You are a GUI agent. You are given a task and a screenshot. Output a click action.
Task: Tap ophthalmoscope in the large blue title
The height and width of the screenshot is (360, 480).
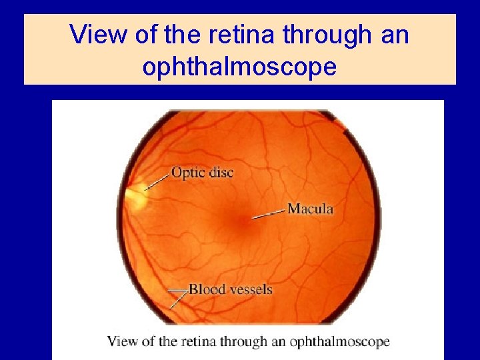pyautogui.click(x=239, y=67)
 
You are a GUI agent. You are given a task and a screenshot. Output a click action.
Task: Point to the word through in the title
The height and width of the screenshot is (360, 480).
pyautogui.click(x=324, y=35)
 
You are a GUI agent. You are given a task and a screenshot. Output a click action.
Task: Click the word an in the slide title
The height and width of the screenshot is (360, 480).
pyautogui.click(x=395, y=35)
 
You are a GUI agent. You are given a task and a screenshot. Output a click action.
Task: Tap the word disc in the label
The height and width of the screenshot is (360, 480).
pyautogui.click(x=220, y=172)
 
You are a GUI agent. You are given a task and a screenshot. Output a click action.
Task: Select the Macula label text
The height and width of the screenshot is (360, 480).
pyautogui.click(x=310, y=209)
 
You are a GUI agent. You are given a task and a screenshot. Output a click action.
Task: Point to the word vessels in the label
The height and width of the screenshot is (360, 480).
pyautogui.click(x=247, y=289)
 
